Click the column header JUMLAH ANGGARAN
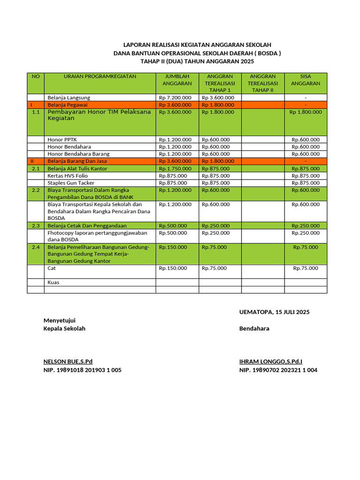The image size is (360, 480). [x=177, y=80]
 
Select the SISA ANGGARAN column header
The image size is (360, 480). [x=305, y=80]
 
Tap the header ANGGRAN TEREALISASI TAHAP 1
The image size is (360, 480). [x=220, y=83]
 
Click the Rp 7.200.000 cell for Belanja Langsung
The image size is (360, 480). [x=175, y=97]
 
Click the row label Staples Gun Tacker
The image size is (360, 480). [x=71, y=183]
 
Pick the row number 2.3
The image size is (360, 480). [x=36, y=226]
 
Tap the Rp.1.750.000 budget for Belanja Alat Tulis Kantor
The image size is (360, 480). [x=175, y=168]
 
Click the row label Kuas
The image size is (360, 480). [x=53, y=283]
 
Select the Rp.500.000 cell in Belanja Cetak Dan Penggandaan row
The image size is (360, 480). [x=172, y=226]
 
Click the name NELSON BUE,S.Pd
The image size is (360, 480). [x=68, y=361]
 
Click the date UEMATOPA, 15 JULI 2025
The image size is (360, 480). [x=274, y=312]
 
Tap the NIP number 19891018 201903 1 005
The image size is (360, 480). [x=82, y=370]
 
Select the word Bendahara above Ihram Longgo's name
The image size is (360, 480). [x=254, y=329]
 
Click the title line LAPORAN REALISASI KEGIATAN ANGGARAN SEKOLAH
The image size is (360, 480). [x=197, y=45]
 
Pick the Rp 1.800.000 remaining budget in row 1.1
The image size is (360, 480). [x=305, y=112]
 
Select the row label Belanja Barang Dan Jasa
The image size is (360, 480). [x=77, y=161]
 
